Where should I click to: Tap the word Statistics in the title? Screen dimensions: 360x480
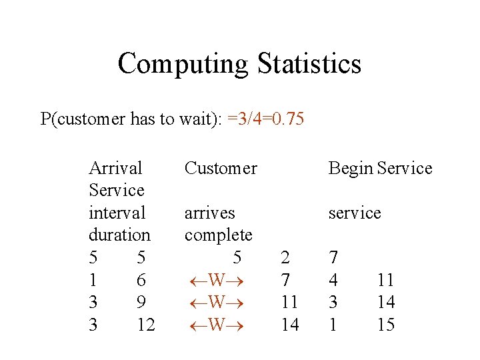306,64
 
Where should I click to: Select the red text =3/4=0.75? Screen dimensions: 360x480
265,119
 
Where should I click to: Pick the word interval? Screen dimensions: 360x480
117,213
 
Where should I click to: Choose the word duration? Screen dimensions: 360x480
119,235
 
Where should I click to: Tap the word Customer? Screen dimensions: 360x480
220,168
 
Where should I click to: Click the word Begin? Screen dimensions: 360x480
350,168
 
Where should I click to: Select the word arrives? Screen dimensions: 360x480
209,213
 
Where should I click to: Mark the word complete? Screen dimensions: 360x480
218,235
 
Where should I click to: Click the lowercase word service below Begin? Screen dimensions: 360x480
354,213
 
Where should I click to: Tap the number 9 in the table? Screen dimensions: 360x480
141,302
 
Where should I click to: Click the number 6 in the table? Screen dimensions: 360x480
141,280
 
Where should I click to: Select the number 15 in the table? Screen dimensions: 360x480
385,325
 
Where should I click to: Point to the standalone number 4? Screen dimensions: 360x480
333,280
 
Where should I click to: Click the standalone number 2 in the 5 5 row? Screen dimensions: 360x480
285,257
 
